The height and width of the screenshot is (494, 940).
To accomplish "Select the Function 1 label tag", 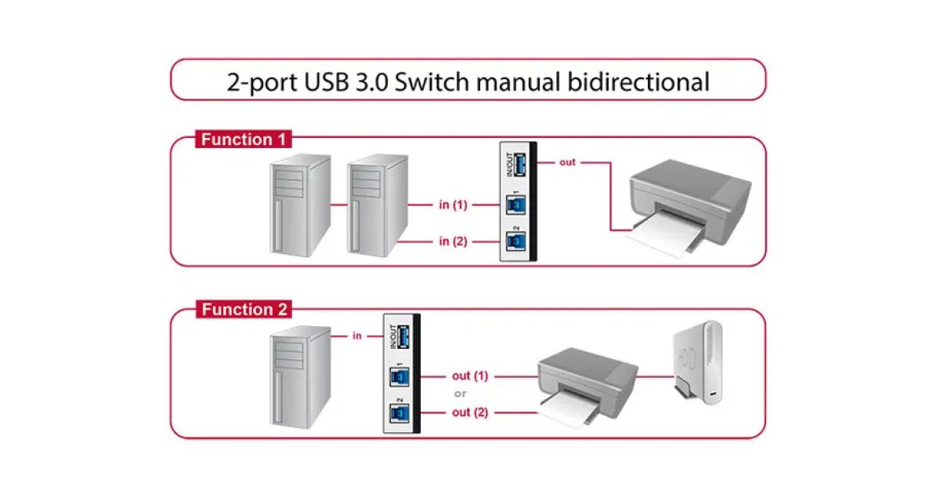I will [243, 140].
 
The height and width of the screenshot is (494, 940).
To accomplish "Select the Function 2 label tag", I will [243, 310].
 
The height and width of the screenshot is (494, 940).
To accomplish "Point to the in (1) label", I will [453, 205].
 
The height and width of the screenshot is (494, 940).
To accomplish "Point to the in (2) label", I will [453, 241].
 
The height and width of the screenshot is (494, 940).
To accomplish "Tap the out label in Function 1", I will [567, 162].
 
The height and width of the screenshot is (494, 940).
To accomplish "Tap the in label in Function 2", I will [356, 336].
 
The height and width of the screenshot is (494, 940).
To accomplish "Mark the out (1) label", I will [470, 376].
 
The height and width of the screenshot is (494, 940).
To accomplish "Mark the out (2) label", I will [470, 412].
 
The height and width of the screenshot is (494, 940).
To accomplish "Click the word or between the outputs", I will [461, 394].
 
